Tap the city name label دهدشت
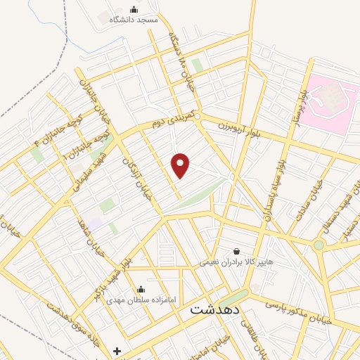[x=215, y=309]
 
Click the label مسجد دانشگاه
[x=133, y=20]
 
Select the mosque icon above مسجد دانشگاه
[x=134, y=9]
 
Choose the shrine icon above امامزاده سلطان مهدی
[x=141, y=288]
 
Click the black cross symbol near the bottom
[x=117, y=350]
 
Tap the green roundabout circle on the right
[x=319, y=245]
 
